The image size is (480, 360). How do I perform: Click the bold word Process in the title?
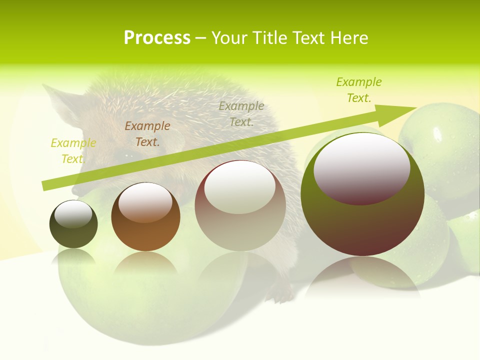coord(157,37)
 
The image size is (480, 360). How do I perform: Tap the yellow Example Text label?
coord(73,150)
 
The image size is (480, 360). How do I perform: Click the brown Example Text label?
coord(147,133)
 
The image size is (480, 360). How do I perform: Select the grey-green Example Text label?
coord(241,113)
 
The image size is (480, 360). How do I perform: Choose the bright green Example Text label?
coord(359,89)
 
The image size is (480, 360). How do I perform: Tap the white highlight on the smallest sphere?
coord(73,214)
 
